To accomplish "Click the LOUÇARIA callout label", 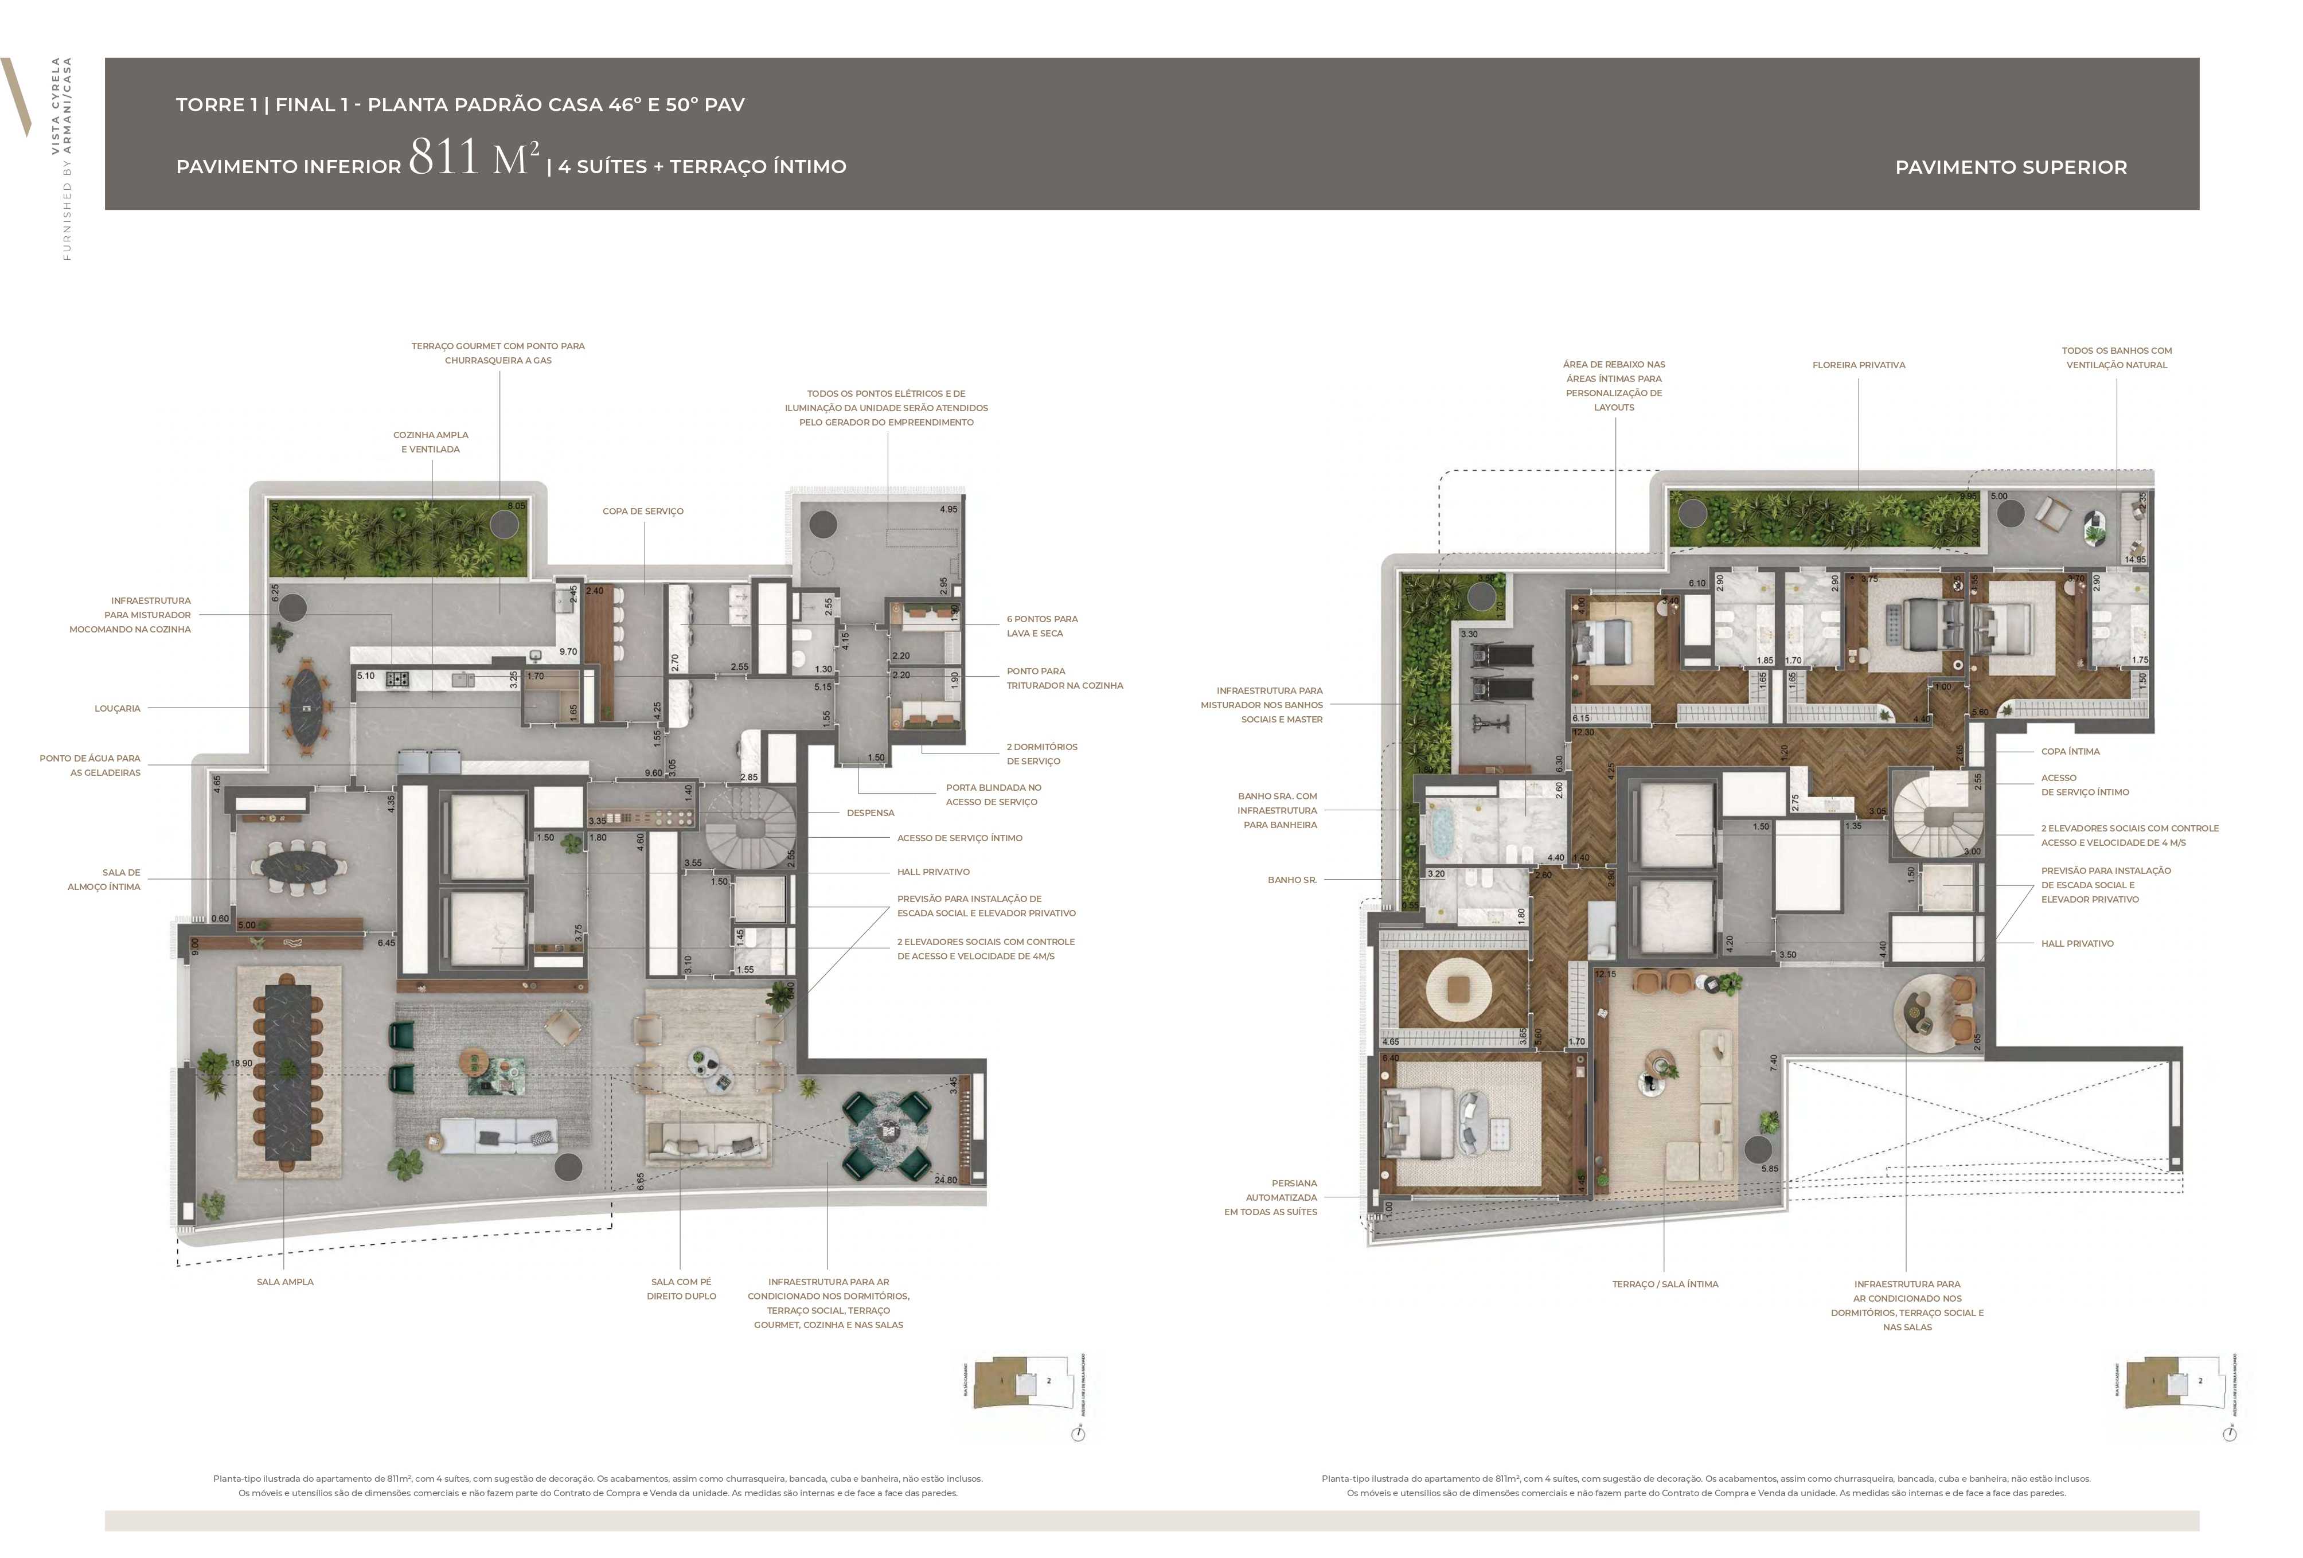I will [x=117, y=709].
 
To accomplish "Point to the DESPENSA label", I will [x=870, y=813].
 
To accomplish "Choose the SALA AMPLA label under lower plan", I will [x=284, y=1282].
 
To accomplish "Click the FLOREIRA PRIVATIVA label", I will [x=1858, y=365].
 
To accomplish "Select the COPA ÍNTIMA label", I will [x=2069, y=751].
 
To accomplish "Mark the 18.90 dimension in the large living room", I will [x=241, y=1064].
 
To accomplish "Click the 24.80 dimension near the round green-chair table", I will [x=946, y=1180].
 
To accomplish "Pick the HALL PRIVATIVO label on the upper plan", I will [x=2076, y=943].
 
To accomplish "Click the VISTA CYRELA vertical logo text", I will [x=56, y=104].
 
